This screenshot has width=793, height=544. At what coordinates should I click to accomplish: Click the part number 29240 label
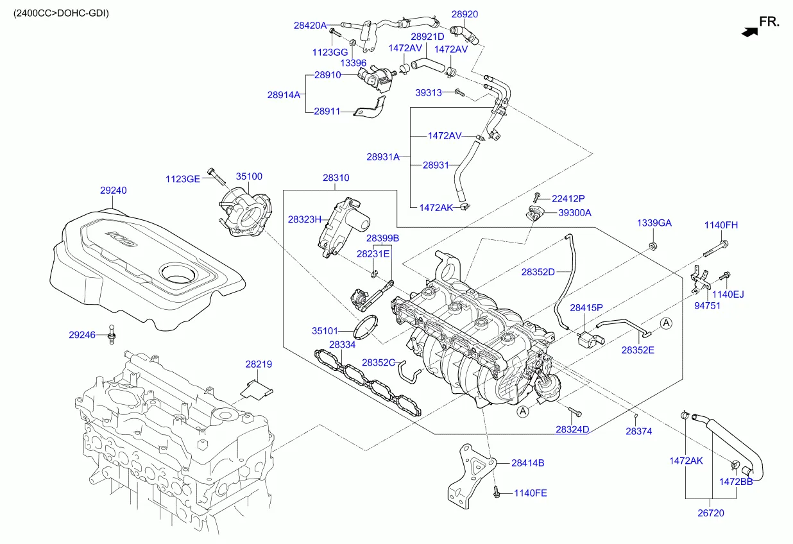coord(113,191)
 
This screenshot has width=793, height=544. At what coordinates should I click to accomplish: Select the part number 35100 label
coord(249,176)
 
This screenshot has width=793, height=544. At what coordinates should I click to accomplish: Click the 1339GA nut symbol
coord(652,246)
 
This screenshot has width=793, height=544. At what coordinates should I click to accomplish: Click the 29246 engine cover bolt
coord(112,334)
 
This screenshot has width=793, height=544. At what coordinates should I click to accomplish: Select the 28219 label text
coord(259,364)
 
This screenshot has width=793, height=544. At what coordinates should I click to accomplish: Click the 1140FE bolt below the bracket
coord(496,493)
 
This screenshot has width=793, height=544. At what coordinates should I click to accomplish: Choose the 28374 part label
coord(638,432)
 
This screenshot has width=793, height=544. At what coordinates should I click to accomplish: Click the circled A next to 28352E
coord(667,323)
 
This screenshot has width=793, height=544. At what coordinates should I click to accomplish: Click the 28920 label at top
coord(465,14)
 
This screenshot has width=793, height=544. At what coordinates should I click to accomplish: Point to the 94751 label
coord(707,306)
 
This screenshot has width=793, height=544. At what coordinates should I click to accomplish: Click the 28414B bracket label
coord(527,463)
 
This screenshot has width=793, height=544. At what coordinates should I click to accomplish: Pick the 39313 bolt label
coord(429,92)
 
